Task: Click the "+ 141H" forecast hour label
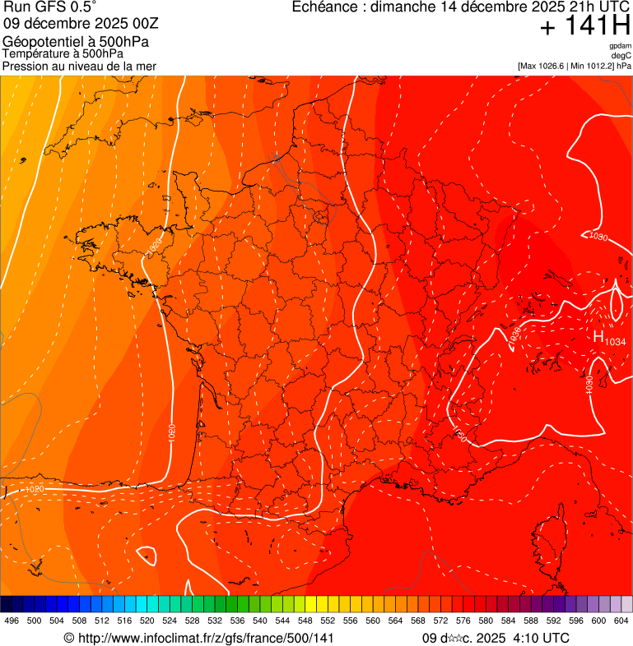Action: (584, 26)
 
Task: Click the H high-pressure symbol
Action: (598, 335)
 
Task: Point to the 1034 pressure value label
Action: (616, 340)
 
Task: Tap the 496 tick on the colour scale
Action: (12, 621)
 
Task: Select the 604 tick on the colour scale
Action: (621, 621)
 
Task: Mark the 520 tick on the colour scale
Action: (147, 621)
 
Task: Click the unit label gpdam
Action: (620, 46)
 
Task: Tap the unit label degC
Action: (621, 55)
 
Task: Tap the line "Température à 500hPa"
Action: (63, 53)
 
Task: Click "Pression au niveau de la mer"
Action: (79, 66)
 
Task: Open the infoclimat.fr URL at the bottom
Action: (205, 638)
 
